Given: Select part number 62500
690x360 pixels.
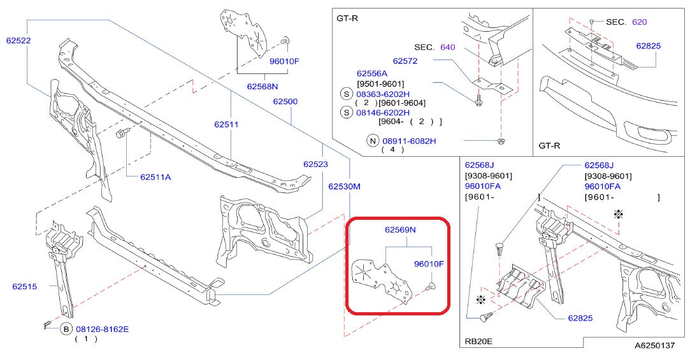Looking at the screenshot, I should (x=285, y=101).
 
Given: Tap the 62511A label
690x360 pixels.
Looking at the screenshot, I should (x=155, y=177).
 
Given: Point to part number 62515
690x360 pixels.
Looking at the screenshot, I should (x=24, y=286).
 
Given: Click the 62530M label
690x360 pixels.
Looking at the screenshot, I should (x=344, y=187).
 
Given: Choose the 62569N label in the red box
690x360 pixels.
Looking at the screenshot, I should (x=399, y=229).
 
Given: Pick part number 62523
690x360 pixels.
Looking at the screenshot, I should (x=315, y=164).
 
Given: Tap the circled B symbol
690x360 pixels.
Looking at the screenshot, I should (x=66, y=329).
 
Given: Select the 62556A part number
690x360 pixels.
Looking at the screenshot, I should (x=372, y=73).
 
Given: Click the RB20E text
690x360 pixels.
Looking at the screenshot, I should (x=478, y=341).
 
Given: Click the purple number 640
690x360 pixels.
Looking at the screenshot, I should (x=447, y=47).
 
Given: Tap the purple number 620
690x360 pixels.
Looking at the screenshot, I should (x=639, y=22).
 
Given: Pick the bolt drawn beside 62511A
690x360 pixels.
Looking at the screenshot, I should (x=122, y=133).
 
